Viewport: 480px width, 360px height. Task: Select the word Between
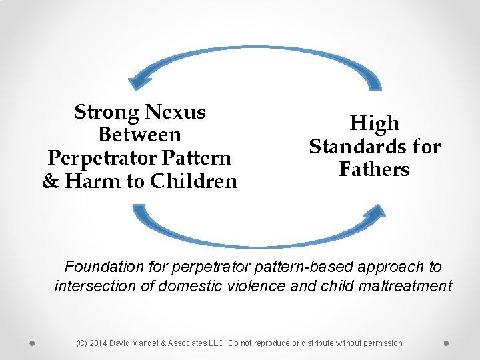[139, 135]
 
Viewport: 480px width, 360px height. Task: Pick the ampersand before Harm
[50, 181]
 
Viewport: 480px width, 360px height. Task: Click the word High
[375, 123]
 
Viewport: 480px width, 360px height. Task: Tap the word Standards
[354, 147]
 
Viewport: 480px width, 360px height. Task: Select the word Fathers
[374, 169]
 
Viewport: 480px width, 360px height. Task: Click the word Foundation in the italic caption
[104, 267]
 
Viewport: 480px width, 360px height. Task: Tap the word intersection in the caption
[91, 287]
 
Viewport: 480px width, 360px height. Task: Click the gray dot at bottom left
[31, 343]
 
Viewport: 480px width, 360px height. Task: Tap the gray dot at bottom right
[446, 343]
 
